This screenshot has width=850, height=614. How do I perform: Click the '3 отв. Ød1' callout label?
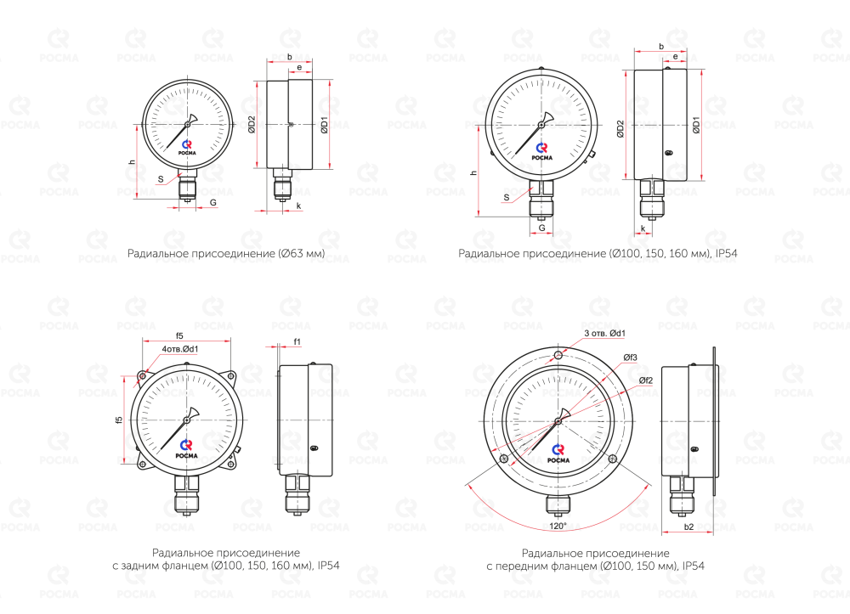(x=604, y=334)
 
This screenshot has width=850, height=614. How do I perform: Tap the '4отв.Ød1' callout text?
(x=180, y=349)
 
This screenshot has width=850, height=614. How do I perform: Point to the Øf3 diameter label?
(x=630, y=358)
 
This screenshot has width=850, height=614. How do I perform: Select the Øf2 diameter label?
(x=646, y=380)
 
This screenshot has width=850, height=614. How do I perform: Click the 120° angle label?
(x=558, y=526)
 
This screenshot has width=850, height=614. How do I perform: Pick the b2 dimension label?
(x=688, y=527)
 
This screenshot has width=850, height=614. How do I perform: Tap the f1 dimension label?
(x=297, y=341)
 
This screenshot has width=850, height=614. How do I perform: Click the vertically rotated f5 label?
(x=119, y=420)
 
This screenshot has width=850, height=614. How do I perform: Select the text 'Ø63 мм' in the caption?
(x=302, y=253)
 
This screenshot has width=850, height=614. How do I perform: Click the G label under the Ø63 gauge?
(x=213, y=202)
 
